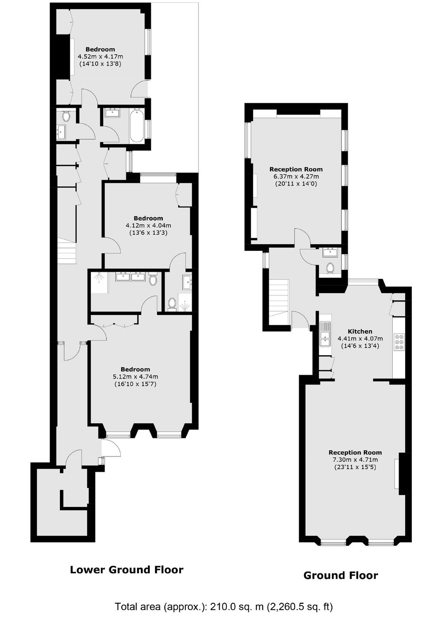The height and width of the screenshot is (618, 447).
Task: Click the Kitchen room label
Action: click(360, 332)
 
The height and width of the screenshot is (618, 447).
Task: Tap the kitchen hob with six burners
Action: click(399, 342)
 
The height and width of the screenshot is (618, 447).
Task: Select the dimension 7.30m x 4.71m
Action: click(355, 460)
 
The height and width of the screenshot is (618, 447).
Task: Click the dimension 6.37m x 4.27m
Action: click(296, 176)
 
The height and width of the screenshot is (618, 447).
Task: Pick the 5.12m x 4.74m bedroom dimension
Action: click(135, 377)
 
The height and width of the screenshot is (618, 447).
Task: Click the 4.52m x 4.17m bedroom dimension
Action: click(100, 57)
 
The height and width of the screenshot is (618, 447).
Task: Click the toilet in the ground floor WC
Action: click(330, 267)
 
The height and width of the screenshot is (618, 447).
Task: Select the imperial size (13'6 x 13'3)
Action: click(149, 233)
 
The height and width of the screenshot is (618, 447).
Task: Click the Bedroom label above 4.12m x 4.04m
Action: click(148, 219)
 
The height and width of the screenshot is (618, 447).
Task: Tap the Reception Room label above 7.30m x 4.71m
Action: click(355, 453)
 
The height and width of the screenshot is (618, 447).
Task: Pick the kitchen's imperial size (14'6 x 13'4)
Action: click(360, 346)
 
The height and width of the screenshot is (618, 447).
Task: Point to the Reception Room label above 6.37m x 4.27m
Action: click(296, 169)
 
